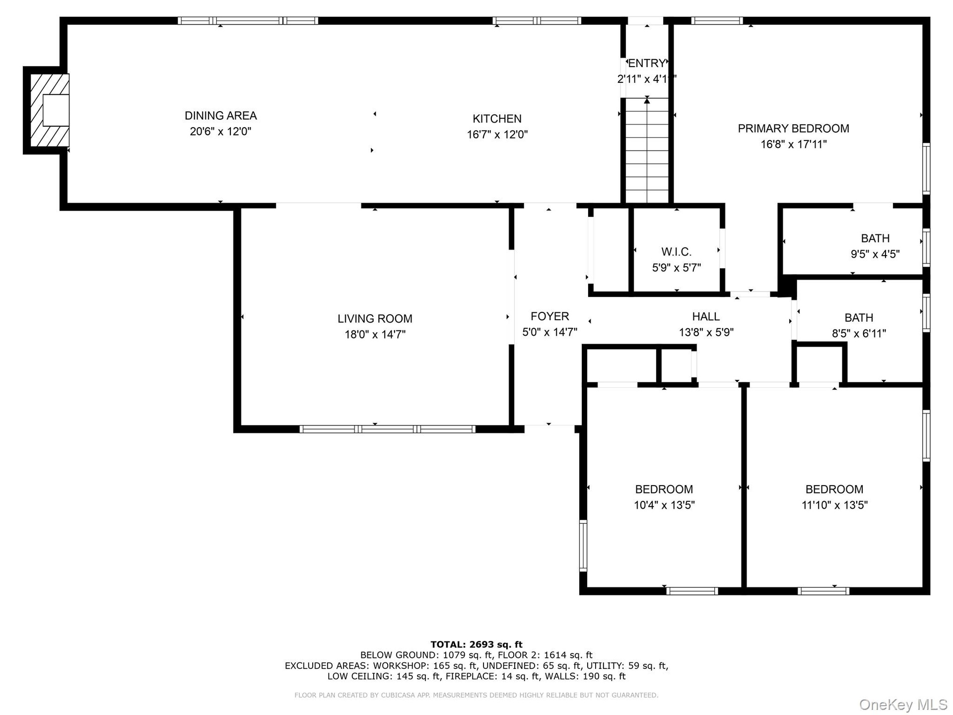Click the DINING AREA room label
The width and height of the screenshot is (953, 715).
coord(221,116)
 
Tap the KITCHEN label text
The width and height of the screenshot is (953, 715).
coord(497,119)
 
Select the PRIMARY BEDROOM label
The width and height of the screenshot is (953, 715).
coord(793,129)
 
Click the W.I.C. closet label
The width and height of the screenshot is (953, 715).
coord(676,252)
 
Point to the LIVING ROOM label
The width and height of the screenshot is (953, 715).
coord(375,319)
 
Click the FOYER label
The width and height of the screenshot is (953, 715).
coord(549,316)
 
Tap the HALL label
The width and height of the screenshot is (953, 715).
coord(706,316)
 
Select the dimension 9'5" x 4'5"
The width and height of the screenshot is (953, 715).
coord(875,254)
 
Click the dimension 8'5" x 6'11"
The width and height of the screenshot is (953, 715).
coord(859,334)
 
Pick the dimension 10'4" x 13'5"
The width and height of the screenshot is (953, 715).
coord(664,505)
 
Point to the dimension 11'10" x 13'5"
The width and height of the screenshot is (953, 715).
coord(834,505)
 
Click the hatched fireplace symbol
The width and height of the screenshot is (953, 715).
coord(50,110)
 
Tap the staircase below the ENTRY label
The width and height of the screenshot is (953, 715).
coord(647,150)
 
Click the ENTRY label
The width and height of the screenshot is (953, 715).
coord(647,63)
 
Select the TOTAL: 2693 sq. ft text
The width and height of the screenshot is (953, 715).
coord(476,644)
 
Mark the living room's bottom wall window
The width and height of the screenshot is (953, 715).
coord(388,429)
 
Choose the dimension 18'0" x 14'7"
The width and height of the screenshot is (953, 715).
coord(375,335)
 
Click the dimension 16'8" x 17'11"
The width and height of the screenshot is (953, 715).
coord(793,144)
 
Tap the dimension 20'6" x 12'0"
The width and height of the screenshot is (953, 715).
coord(221,132)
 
